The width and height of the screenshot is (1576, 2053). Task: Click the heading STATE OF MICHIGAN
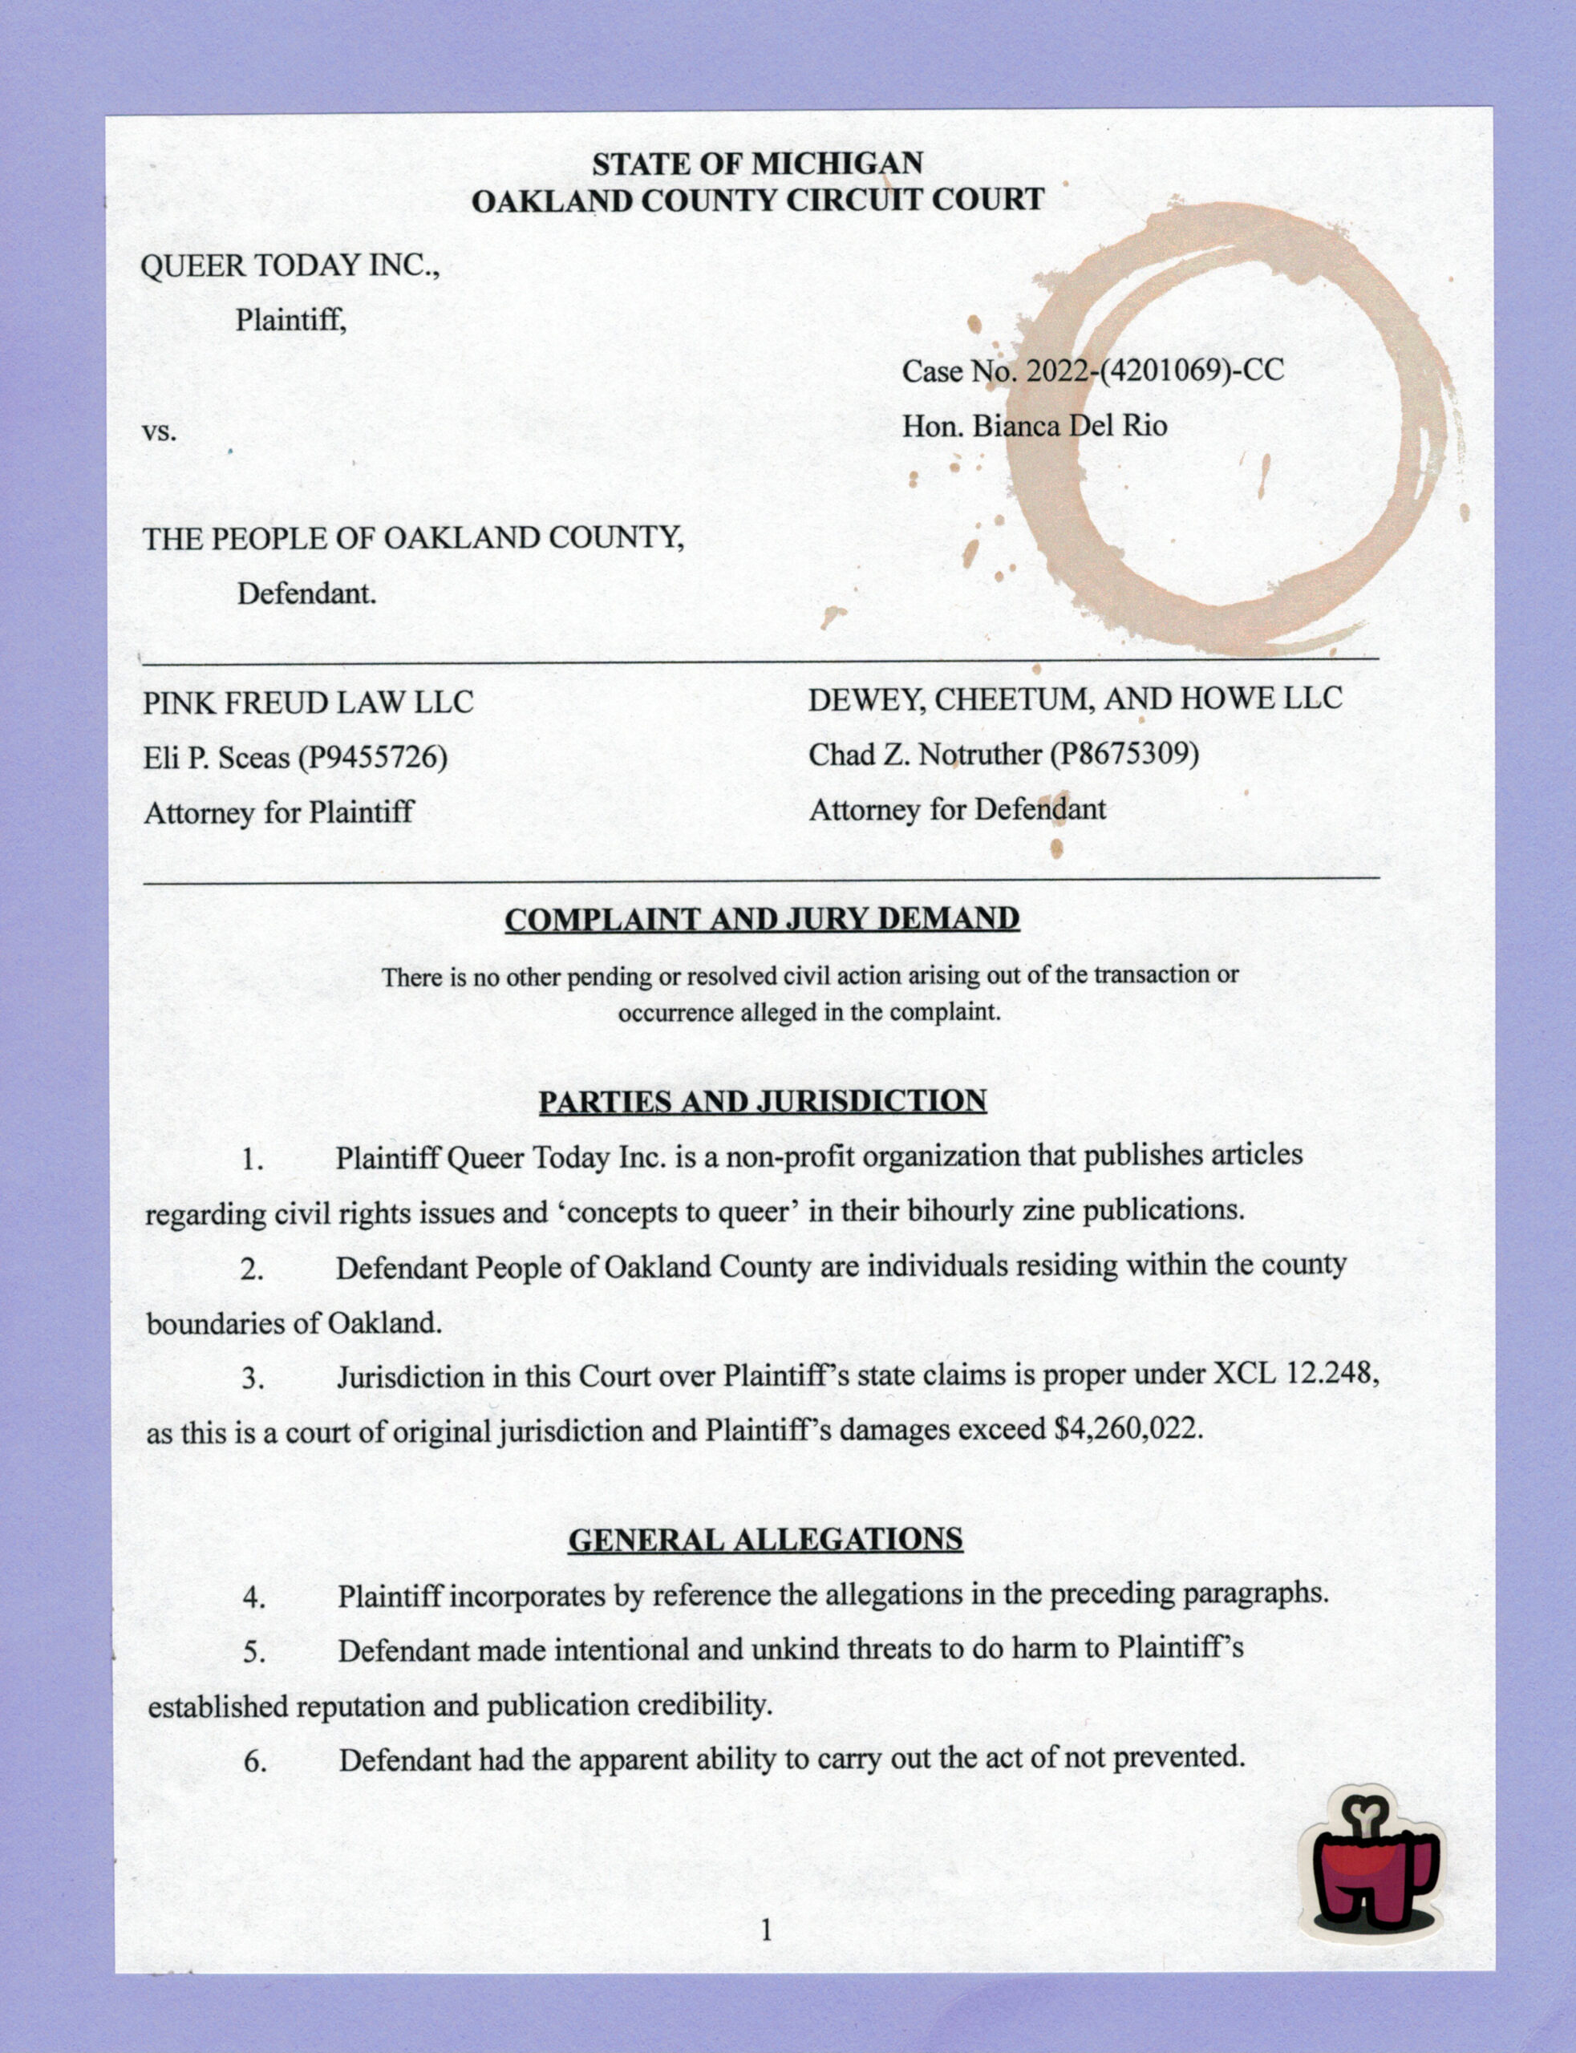[x=757, y=164]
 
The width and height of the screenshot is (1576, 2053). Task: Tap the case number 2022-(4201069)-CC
[x=1154, y=371]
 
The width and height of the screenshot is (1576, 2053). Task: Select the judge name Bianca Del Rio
[x=1069, y=427]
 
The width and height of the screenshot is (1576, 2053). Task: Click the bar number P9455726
[x=372, y=757]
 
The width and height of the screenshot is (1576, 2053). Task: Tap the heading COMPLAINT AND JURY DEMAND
[x=762, y=919]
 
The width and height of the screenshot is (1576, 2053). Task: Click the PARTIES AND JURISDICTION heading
[x=762, y=1100]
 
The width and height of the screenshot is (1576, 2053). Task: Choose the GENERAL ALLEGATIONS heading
[x=765, y=1539]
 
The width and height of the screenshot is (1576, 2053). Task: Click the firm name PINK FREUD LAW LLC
[x=308, y=703]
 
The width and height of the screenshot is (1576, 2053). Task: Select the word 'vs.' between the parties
[x=160, y=433]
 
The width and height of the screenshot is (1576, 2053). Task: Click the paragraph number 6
[x=255, y=1761]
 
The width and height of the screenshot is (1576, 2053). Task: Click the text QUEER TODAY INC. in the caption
[x=289, y=266]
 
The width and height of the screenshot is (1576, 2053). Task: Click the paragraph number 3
[x=253, y=1379]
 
